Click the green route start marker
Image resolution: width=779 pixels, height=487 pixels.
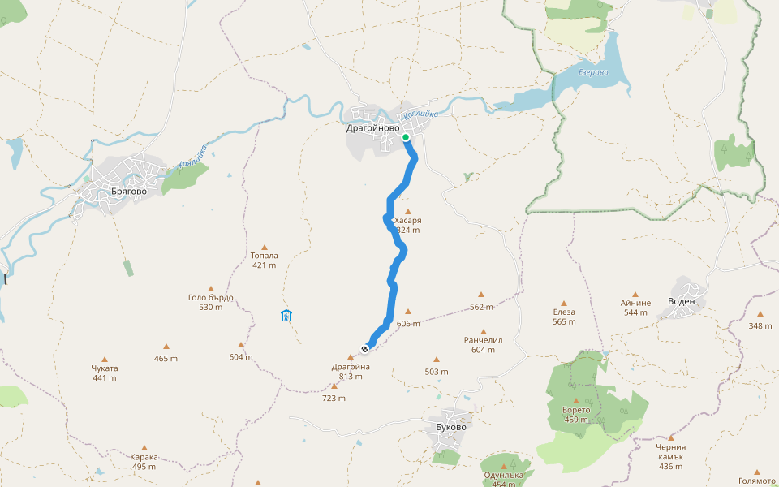406,137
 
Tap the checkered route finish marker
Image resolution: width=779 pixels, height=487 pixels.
365,349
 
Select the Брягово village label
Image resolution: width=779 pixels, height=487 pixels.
106,193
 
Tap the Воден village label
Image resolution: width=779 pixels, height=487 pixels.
681,301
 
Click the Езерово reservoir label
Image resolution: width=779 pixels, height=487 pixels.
593,73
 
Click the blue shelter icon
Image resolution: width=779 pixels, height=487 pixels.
286,316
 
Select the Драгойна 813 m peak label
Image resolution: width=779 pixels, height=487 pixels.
351,371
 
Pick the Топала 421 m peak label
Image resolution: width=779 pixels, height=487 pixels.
264,260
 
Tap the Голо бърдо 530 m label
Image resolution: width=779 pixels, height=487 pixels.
210,301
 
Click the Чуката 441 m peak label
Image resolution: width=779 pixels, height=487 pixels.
105,373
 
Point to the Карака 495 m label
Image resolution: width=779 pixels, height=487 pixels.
144,461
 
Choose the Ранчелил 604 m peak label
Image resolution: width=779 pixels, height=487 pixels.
484,345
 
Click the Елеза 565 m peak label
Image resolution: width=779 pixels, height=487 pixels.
564,317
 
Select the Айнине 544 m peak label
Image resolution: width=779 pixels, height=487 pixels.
635,307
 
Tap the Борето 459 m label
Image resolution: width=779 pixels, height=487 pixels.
575,414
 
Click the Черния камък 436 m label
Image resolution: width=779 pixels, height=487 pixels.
671,456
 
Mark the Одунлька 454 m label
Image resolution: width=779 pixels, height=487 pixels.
506,479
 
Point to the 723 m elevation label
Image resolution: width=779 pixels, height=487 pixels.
334,398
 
